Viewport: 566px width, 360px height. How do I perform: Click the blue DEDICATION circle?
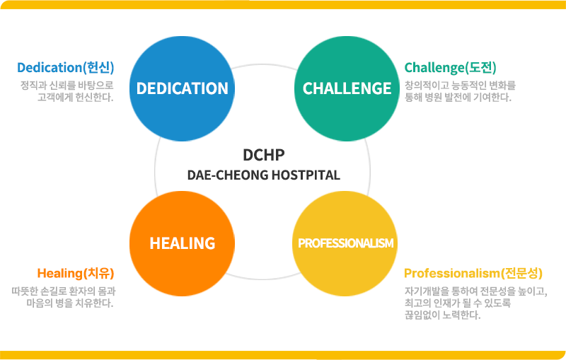(182, 88)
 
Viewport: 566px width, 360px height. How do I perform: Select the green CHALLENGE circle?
(347, 88)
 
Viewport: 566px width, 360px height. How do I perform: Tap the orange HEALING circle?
(182, 243)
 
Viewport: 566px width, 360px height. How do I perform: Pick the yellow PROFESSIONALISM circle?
(345, 243)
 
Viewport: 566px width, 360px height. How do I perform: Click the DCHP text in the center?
(263, 155)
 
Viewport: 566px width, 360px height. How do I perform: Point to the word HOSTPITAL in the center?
(305, 175)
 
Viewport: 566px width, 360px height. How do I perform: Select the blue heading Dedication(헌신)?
(66, 68)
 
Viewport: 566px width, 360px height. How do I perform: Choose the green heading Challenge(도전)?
(451, 68)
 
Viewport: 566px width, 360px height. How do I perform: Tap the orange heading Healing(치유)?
(76, 274)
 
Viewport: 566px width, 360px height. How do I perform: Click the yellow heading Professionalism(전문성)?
(473, 273)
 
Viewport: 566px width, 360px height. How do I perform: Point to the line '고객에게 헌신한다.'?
(76, 97)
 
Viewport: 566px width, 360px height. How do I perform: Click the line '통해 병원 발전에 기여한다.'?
(458, 98)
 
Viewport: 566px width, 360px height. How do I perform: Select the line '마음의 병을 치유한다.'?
(69, 303)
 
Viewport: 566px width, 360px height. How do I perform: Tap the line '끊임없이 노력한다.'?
(442, 315)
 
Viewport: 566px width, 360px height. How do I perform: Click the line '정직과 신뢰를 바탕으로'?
(67, 86)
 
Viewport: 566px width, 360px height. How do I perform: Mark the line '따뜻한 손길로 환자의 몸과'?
(64, 291)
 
